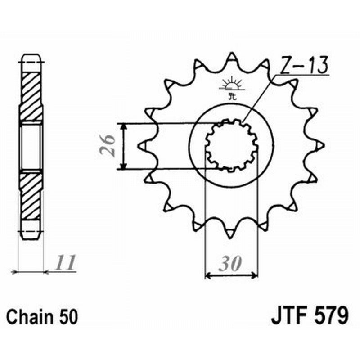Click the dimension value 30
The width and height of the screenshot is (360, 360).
coord(231,263)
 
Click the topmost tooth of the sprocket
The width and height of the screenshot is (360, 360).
coord(231,57)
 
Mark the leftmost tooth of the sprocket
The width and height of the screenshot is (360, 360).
coord(142,145)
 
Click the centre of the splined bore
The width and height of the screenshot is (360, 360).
coord(231,145)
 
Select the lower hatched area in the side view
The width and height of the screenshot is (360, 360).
coord(31,195)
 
